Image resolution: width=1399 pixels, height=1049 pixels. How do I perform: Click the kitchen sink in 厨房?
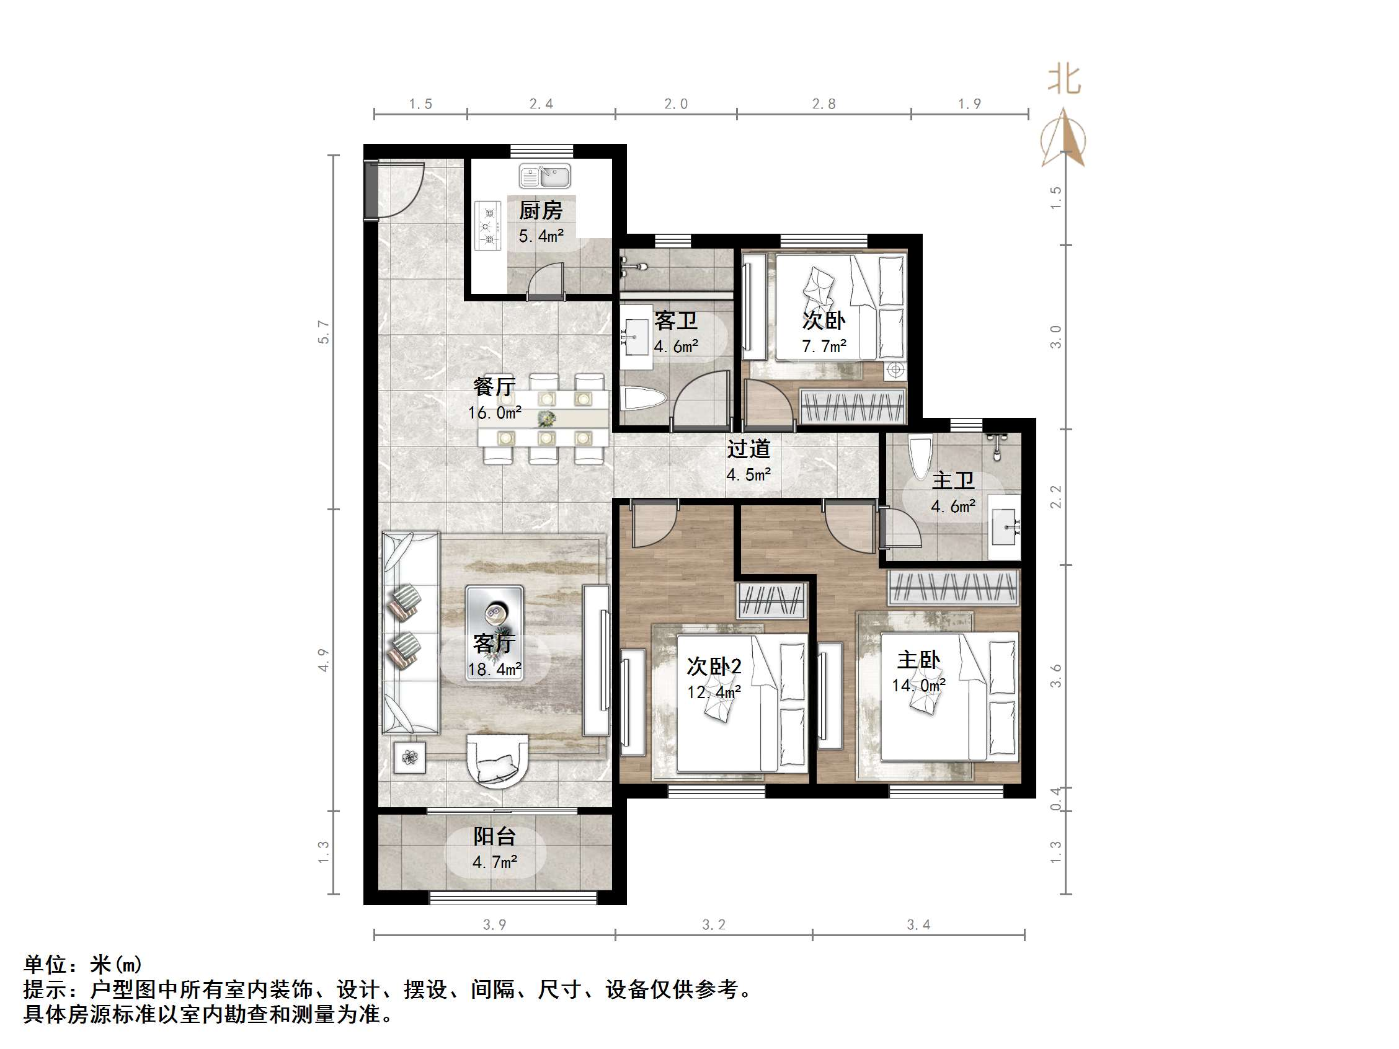tap(544, 177)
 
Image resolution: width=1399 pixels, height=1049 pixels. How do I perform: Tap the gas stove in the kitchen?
tap(487, 225)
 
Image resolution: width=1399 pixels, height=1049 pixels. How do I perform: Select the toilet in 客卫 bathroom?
tap(644, 399)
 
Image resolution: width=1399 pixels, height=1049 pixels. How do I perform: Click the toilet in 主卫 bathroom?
tap(920, 455)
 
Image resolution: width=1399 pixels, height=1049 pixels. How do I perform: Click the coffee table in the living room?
tap(494, 632)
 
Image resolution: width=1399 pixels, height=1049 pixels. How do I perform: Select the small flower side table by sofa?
tap(410, 757)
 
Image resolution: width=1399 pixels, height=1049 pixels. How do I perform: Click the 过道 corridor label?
tap(748, 449)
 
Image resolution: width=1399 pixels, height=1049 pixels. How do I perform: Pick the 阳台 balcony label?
tap(495, 836)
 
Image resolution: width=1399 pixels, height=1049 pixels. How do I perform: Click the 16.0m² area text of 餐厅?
tap(495, 413)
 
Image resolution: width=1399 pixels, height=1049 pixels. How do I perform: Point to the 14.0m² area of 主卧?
tap(918, 686)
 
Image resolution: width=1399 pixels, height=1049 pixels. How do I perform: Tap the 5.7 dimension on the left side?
tap(323, 332)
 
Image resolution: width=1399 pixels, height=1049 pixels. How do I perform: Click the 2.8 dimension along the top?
tap(824, 104)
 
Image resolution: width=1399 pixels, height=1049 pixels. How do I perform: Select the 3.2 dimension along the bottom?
tap(713, 925)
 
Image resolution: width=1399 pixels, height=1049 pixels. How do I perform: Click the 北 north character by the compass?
tap(1064, 81)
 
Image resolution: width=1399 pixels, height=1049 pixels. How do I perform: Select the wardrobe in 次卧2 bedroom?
tap(772, 601)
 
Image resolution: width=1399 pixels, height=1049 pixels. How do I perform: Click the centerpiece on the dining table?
tap(546, 418)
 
